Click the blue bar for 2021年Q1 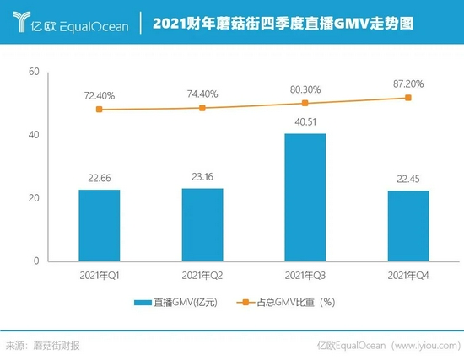pos(100,225)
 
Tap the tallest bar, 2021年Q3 pos(305,197)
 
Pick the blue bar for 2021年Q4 pos(408,226)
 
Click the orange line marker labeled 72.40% pos(100,110)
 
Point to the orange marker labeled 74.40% pos(202,108)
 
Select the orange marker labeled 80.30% pos(305,104)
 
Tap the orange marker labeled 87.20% pos(408,98)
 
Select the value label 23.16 pos(202,179)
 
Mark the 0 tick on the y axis pos(37,261)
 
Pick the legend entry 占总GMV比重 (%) pos(286,302)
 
